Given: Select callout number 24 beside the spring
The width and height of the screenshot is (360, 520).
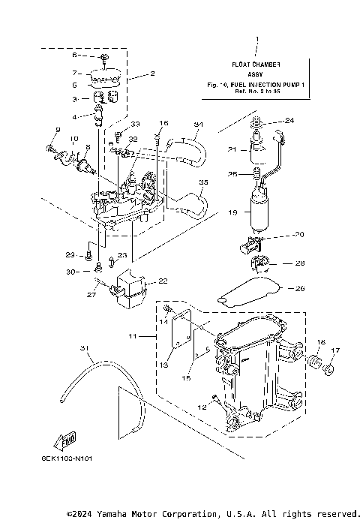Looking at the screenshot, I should pos(289,120).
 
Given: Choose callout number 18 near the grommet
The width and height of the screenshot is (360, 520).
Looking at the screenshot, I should pos(320,342).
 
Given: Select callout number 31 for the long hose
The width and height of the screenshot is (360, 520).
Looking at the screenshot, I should pos(83,347).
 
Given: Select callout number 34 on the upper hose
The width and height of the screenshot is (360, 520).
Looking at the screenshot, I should pos(198,125).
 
